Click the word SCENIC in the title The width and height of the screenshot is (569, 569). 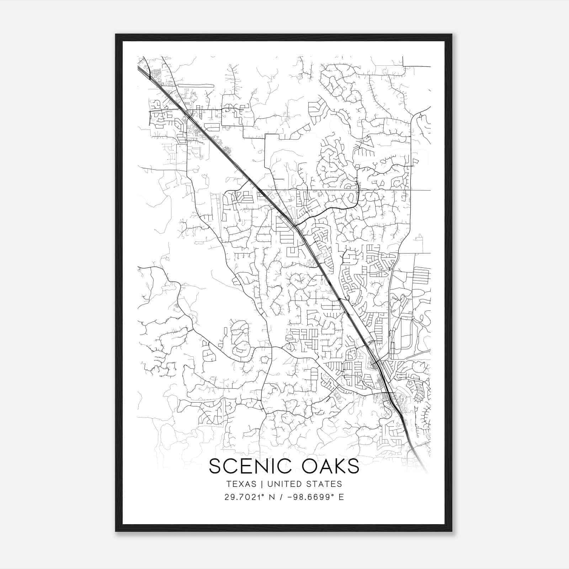249,466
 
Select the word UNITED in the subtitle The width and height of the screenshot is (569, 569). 284,484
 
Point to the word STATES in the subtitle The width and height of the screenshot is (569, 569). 325,484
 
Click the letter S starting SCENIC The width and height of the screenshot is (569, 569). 216,466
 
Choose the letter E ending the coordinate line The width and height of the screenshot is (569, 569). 341,497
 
